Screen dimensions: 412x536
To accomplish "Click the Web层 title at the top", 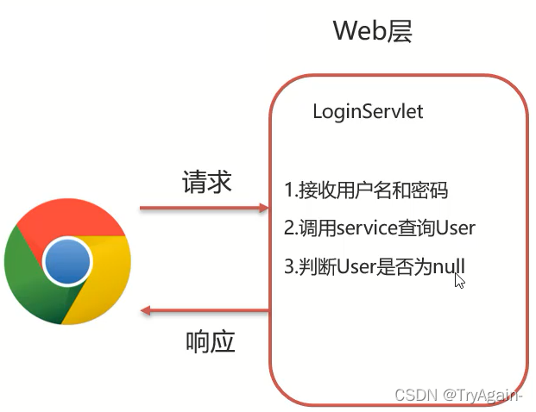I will pos(373,32).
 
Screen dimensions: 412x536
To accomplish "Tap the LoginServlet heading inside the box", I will pos(368,112).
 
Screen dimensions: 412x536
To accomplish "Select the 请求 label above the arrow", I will pos(206,182).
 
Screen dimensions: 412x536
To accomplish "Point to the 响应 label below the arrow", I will pos(211,342).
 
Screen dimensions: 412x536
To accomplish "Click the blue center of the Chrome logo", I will pos(68,261).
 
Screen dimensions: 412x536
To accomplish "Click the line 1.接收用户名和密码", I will pos(367,190).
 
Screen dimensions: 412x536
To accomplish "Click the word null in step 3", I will pos(449,267).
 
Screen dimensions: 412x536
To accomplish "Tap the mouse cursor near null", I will pos(459,279).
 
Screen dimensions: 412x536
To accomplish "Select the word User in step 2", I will pos(456,228).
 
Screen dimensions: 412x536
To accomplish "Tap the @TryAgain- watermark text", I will pos(483,395).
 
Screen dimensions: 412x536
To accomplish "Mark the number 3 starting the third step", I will pos(288,267).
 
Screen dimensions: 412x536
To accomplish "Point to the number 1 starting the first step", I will pos(288,190).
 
